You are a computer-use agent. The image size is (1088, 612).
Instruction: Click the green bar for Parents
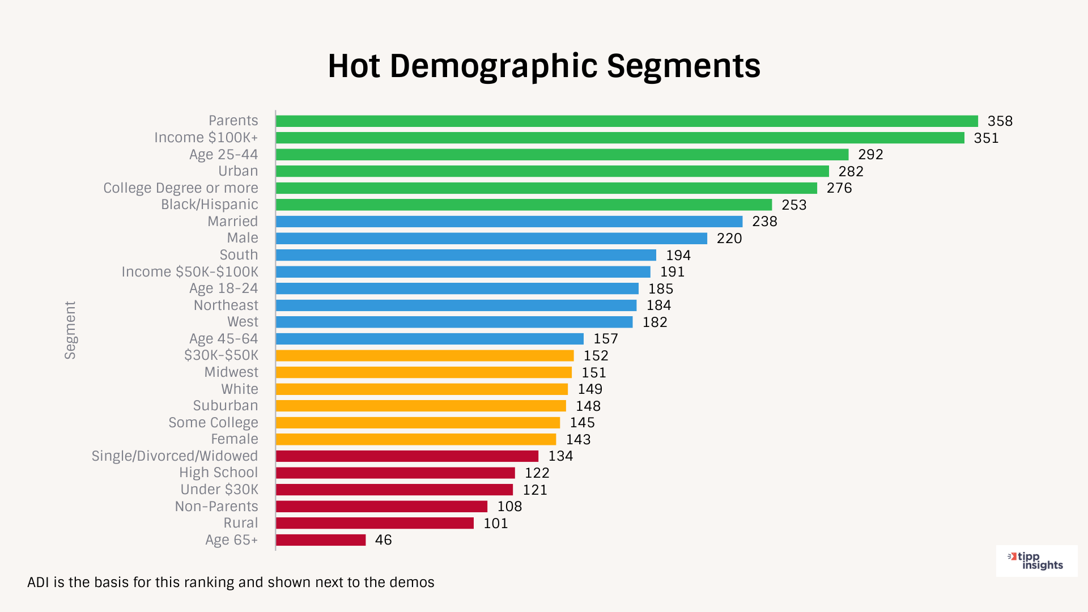[626, 121]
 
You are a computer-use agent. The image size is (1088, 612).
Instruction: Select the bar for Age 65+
[321, 540]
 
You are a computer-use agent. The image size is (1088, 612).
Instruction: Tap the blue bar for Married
[509, 222]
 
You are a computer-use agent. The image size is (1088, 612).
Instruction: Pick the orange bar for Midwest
[424, 372]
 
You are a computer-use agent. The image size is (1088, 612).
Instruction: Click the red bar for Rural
[375, 523]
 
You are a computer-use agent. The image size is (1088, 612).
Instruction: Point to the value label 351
[986, 138]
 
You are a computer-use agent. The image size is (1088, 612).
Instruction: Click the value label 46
[383, 540]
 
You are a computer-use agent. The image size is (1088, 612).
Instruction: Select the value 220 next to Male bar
[729, 239]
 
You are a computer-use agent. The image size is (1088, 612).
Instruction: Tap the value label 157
[605, 339]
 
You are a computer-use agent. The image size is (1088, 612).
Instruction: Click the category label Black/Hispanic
[209, 205]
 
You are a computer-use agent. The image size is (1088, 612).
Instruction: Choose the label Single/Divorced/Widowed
[175, 456]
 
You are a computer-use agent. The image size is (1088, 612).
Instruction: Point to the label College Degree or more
[180, 188]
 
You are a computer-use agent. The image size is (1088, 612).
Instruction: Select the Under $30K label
[219, 490]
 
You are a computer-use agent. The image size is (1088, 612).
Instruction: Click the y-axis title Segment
[70, 330]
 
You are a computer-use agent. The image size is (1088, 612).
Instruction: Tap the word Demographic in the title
[492, 66]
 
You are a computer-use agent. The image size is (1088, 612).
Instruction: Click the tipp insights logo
[1036, 561]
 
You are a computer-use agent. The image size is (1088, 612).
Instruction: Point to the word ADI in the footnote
[38, 583]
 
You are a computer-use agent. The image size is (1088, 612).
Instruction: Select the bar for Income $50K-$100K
[463, 272]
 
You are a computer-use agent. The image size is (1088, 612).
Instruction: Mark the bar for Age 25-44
[562, 155]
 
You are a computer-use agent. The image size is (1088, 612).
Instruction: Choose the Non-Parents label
[216, 507]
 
